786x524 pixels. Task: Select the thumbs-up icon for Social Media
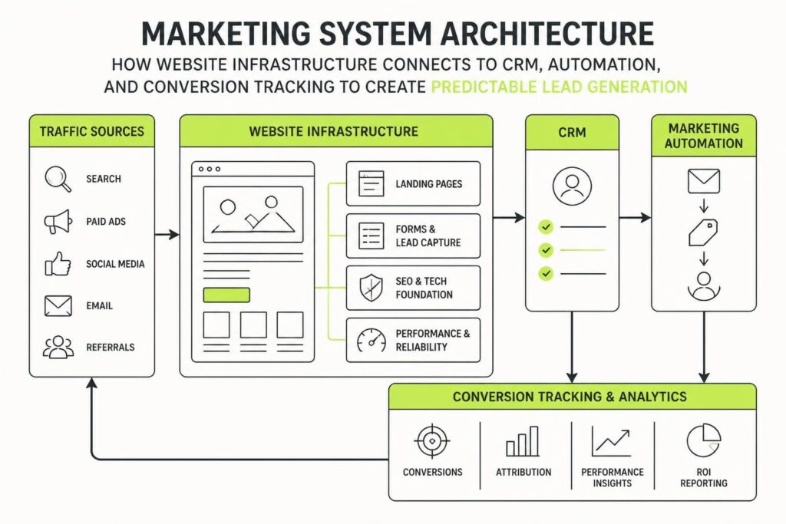coord(58,264)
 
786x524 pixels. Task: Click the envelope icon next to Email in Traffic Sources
coord(58,306)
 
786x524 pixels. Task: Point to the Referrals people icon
coord(58,348)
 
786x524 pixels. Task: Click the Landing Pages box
coord(413,184)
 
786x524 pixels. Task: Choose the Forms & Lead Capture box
coord(413,236)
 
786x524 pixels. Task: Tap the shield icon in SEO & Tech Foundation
coord(371,288)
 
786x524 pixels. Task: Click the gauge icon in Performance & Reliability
coord(372,340)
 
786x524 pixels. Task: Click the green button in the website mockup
coord(226,295)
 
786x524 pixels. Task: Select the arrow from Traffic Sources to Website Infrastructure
coord(167,235)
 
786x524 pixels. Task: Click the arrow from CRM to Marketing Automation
coord(635,217)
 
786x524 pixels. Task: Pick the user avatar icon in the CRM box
coord(572,186)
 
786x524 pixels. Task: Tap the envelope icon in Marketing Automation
coord(704,181)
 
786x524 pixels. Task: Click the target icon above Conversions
coord(432,441)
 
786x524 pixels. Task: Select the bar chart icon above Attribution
coord(522,441)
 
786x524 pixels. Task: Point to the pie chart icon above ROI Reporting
coord(704,440)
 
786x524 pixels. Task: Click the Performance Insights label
coord(612,477)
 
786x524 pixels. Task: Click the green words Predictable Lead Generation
coord(559,87)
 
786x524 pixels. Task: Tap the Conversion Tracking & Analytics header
coord(570,397)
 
